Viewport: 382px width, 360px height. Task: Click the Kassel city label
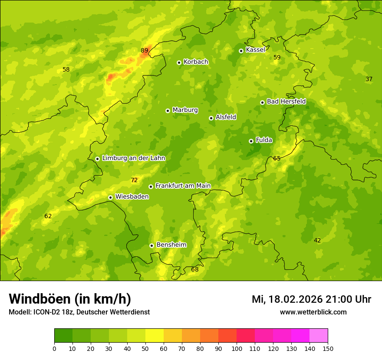255,50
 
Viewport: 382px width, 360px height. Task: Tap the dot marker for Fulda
251,141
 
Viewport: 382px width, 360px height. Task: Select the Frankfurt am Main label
183,186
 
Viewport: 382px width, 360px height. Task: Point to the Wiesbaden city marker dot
111,197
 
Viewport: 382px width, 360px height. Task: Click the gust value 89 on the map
145,50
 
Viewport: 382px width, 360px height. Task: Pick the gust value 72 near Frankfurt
134,180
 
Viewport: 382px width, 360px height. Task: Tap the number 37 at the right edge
369,79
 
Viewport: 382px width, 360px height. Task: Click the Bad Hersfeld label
286,101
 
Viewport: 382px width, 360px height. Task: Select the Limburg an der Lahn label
133,158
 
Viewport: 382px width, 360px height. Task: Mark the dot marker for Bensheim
151,245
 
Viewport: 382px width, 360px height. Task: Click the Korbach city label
196,62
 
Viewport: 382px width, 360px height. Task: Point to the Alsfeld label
226,117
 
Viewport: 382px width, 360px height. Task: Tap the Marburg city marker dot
168,111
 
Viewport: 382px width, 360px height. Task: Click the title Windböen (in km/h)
70,299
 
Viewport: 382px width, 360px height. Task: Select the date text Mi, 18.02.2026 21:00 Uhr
311,299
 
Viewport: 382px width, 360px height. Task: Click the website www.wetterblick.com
313,312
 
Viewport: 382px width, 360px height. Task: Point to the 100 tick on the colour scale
237,348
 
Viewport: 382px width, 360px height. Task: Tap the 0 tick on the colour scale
54,348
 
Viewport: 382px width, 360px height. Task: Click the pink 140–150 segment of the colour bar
319,336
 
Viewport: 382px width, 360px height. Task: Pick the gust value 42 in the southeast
317,240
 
